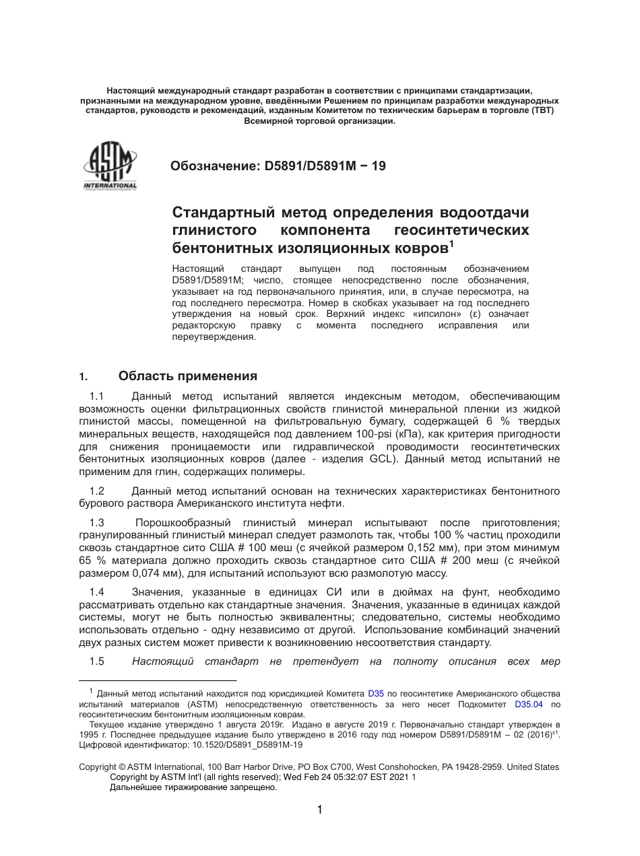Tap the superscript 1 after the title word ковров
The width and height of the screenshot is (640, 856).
[451, 244]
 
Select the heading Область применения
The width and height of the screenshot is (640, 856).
[187, 376]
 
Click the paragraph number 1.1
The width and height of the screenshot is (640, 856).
[96, 396]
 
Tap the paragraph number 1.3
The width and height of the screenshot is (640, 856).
[96, 523]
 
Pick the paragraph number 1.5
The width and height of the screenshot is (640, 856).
[96, 662]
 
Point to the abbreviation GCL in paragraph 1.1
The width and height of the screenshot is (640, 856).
[383, 460]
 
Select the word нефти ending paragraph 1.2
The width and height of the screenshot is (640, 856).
[329, 503]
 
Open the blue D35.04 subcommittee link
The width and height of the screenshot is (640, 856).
[528, 705]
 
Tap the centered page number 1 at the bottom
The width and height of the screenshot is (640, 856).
[319, 810]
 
